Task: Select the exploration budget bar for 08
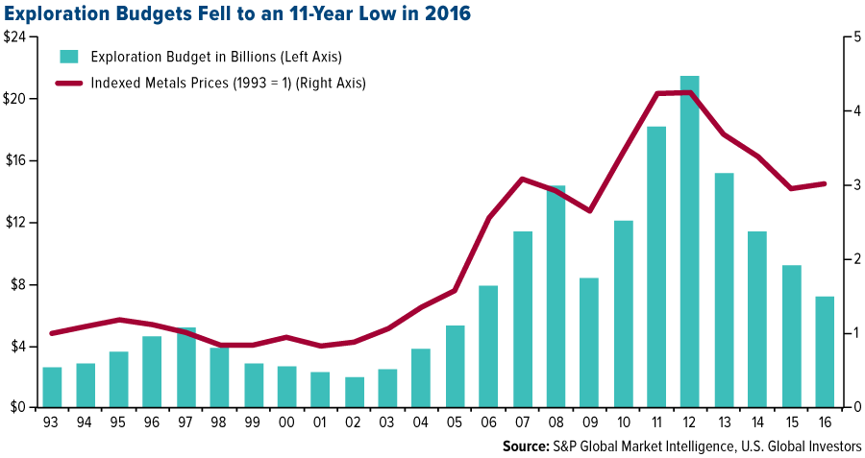556,297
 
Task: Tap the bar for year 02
354,392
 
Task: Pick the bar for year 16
824,351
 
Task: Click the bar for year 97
186,367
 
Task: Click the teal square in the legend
68,56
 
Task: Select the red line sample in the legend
68,84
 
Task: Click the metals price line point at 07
522,179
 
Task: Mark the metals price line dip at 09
589,211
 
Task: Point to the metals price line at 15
790,188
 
